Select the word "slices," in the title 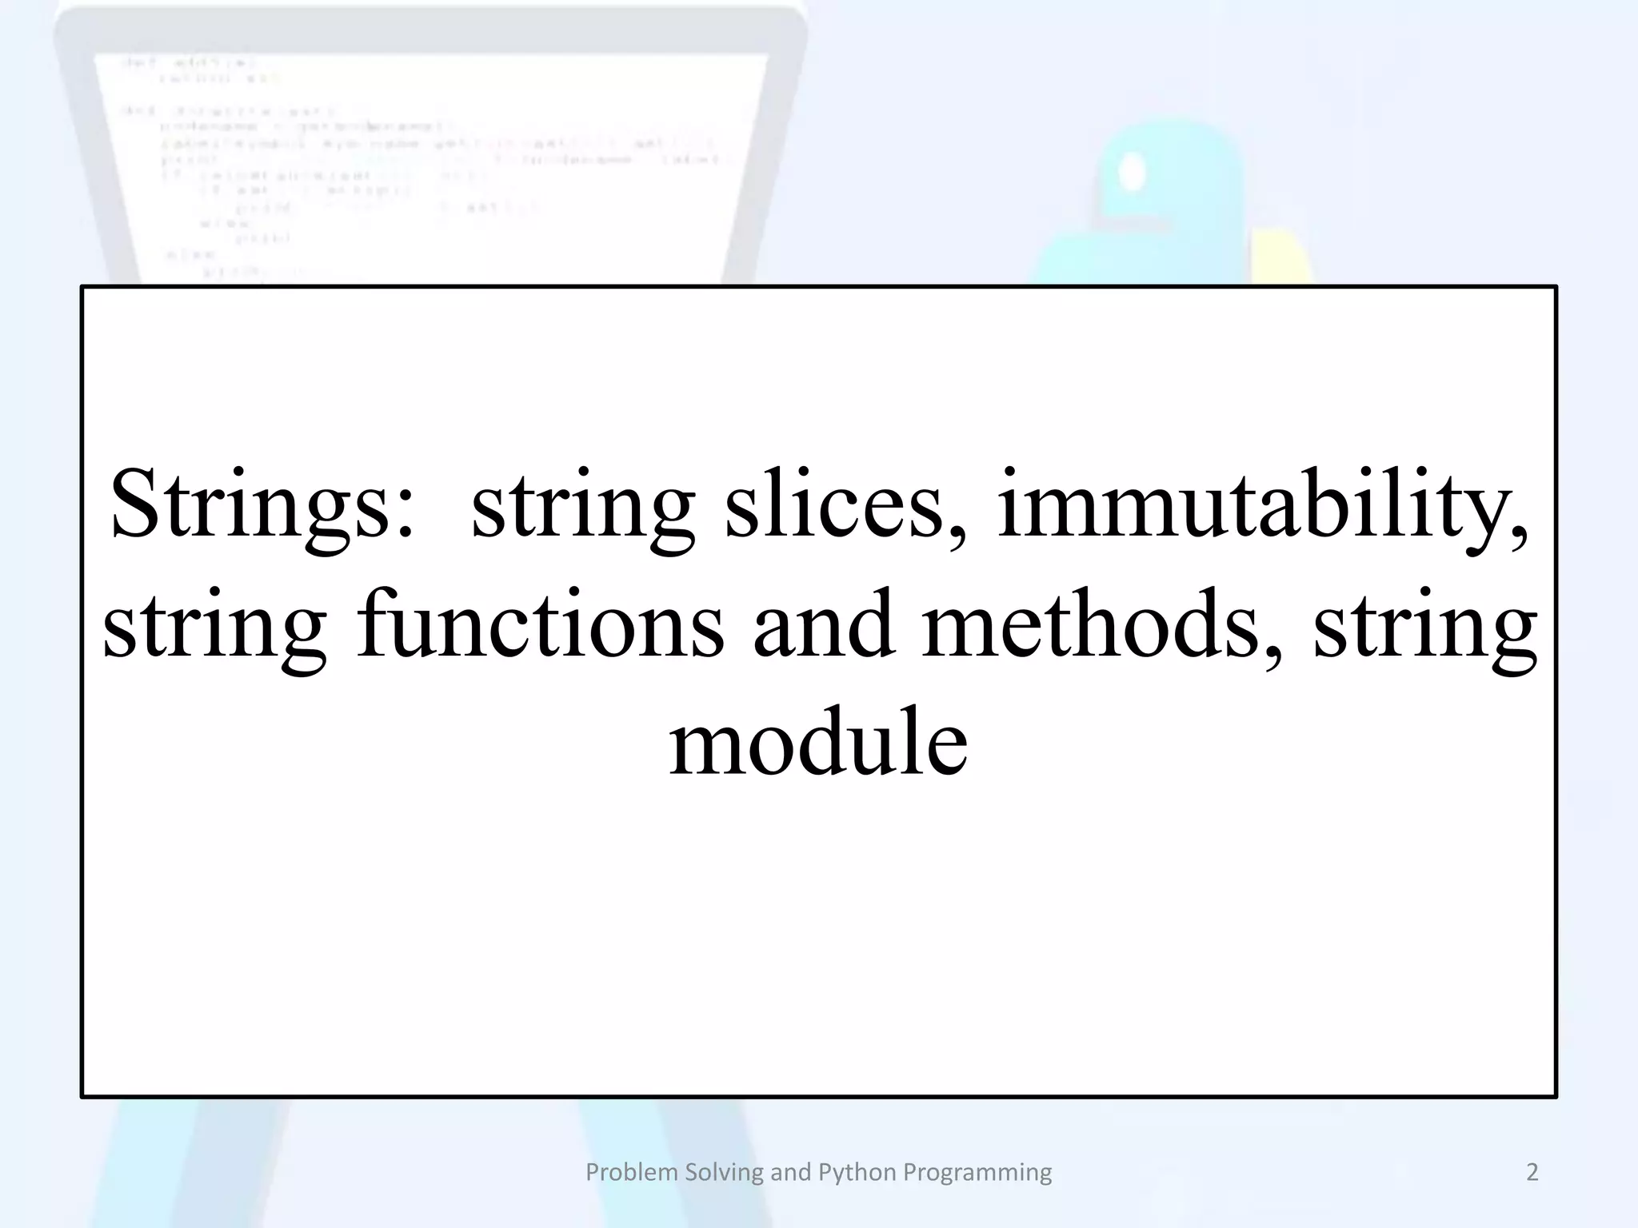pos(845,505)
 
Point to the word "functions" pos(541,625)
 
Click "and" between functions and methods pos(823,625)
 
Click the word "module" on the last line pos(818,744)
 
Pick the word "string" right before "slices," pos(583,505)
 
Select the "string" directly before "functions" pos(215,625)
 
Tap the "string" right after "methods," pos(1425,625)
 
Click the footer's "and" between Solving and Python pos(790,1172)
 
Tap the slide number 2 pos(1532,1172)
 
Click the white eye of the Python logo pos(1133,172)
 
